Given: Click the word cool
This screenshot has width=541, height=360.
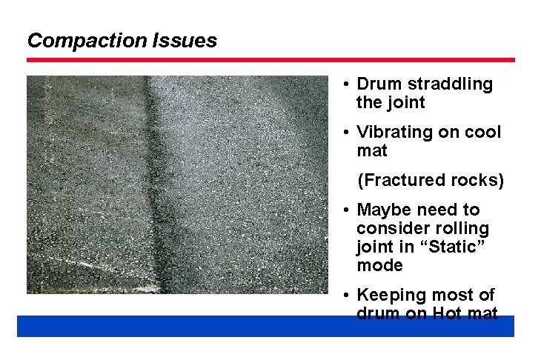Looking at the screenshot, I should (482, 132).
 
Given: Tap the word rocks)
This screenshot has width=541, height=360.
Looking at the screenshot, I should (474, 180).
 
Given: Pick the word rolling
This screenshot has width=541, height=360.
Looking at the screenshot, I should (462, 228).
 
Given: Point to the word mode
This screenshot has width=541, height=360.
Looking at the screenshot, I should (379, 265).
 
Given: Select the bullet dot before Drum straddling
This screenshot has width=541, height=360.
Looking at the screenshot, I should (347, 84).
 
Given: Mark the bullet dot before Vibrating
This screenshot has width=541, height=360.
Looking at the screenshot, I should (347, 132).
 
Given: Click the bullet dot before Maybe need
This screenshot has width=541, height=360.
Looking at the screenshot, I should (347, 210).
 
